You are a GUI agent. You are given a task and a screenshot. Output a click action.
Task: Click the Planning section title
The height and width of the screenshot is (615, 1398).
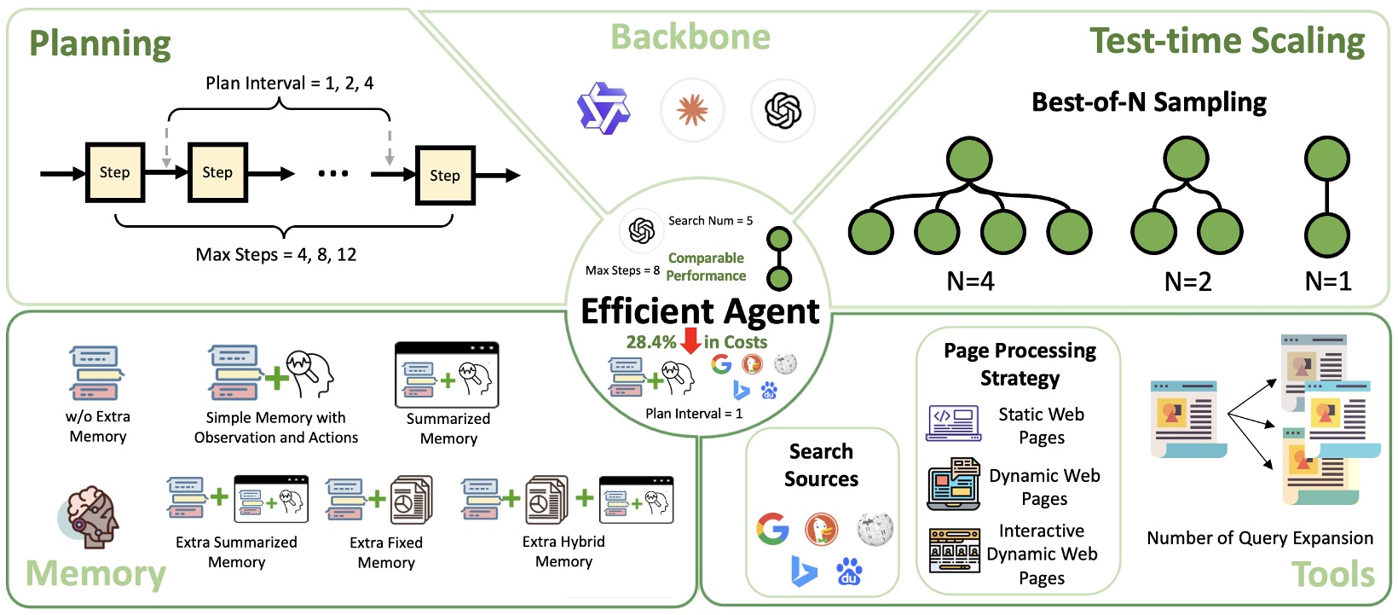(x=100, y=44)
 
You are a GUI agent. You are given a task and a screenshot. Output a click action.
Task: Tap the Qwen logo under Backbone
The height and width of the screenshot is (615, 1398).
(x=604, y=109)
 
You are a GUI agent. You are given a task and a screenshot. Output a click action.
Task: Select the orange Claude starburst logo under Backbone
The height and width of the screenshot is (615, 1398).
(x=692, y=110)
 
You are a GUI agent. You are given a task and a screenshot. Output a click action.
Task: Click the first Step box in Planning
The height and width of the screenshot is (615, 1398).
(x=115, y=172)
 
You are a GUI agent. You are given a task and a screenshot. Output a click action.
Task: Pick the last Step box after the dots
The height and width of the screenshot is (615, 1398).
(x=445, y=175)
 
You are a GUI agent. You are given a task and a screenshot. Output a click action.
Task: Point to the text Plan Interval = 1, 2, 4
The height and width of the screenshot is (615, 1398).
(x=289, y=84)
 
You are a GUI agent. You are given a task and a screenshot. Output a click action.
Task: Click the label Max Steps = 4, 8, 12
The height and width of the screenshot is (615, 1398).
(x=276, y=254)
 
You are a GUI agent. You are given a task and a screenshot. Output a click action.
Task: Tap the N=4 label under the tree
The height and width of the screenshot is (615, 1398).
(x=970, y=281)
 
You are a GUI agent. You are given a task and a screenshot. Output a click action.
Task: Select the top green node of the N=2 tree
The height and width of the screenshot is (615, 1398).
(x=1187, y=160)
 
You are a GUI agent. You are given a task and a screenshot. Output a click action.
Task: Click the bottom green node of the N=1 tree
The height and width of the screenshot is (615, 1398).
(x=1327, y=232)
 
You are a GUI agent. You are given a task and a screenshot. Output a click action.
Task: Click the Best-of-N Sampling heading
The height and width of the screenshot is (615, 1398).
(x=1148, y=102)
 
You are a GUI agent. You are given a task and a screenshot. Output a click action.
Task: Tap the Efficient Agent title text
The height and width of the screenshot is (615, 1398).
(x=699, y=311)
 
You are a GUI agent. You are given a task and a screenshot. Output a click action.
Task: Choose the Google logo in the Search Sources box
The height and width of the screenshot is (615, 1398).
(x=772, y=529)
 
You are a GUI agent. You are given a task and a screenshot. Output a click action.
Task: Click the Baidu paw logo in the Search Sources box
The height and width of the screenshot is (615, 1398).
(x=848, y=571)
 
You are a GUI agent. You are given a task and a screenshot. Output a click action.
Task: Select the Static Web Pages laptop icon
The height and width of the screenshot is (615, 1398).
(x=953, y=424)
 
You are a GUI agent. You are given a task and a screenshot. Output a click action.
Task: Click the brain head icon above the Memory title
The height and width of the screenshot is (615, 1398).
(x=90, y=517)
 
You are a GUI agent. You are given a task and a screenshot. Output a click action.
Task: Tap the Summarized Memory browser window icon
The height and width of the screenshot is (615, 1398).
(x=447, y=375)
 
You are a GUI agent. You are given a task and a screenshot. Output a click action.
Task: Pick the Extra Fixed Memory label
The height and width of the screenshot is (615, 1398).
(x=386, y=552)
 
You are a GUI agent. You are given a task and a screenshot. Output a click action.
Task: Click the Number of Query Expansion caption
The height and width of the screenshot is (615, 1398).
(x=1259, y=538)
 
